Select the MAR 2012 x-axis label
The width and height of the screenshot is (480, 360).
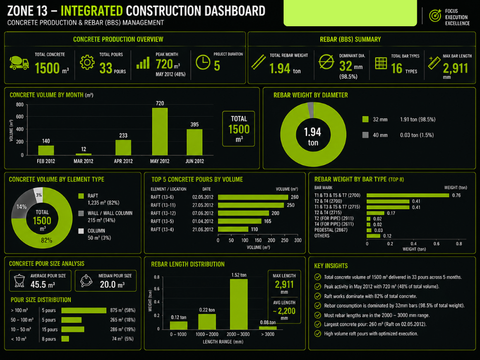click(x=83, y=161)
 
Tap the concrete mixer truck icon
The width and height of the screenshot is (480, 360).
click(x=19, y=63)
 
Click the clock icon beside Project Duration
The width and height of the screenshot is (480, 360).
click(x=203, y=62)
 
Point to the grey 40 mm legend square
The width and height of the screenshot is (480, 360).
click(x=366, y=135)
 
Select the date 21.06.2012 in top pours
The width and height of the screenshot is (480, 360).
click(x=203, y=229)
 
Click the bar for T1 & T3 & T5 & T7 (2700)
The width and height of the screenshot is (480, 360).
click(x=407, y=195)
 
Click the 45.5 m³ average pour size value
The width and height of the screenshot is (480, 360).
click(x=43, y=285)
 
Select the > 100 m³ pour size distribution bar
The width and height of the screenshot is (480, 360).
click(x=84, y=310)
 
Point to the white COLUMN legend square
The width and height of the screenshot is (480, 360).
click(x=81, y=231)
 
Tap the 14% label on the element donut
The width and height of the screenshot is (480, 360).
click(x=22, y=206)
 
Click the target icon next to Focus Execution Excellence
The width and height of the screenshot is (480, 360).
click(x=435, y=16)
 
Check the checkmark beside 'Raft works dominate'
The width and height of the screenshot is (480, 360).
click(x=317, y=296)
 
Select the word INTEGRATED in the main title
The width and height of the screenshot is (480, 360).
click(x=92, y=10)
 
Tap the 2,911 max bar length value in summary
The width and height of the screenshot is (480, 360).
click(x=455, y=68)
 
